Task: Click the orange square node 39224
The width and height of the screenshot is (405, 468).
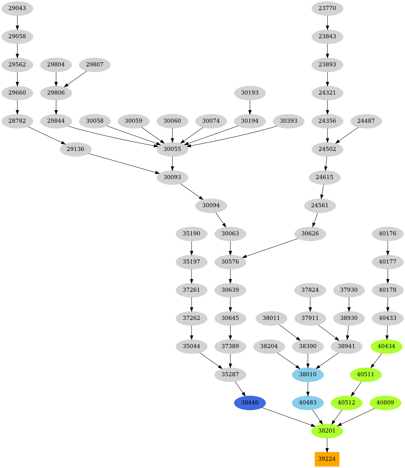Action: [x=327, y=459]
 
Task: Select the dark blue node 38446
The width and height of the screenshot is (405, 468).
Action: [x=250, y=403]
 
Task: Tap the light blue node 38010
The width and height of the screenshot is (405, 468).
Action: [x=308, y=374]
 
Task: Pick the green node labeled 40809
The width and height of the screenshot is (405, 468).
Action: [x=385, y=403]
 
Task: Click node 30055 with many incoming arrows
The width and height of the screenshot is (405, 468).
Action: [x=172, y=149]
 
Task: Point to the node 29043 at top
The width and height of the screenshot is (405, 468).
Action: [x=17, y=8]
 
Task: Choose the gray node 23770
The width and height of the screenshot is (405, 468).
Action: [x=327, y=8]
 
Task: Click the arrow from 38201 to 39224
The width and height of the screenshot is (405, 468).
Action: [x=327, y=445]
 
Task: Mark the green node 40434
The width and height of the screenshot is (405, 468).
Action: [x=386, y=346]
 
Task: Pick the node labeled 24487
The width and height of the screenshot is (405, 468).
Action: [x=366, y=121]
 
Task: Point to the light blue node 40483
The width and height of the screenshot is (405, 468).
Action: [x=308, y=403]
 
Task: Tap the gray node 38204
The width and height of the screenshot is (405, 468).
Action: [x=269, y=346]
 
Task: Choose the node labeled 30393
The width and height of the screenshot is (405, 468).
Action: [x=288, y=121]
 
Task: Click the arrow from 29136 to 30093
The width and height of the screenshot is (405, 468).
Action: [x=123, y=163]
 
